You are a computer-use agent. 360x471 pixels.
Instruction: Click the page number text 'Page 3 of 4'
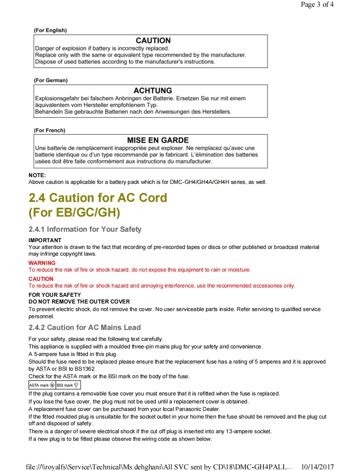point(317,5)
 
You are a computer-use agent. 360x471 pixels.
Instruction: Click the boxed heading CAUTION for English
point(153,41)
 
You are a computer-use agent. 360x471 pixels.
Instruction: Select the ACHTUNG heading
point(152,91)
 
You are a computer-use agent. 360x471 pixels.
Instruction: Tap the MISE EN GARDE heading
point(158,140)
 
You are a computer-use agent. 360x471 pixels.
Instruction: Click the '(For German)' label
point(50,80)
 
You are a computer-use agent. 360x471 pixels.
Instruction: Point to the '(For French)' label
point(50,130)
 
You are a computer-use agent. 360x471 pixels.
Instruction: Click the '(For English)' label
point(50,30)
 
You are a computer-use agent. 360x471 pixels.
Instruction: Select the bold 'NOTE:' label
point(37,175)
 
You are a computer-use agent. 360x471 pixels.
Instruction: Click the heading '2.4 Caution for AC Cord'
point(97,198)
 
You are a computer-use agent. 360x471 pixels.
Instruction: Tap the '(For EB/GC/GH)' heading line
point(74,212)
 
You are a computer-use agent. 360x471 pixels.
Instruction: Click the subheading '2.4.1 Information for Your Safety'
point(85,229)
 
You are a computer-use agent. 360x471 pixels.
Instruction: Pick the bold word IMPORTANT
point(45,241)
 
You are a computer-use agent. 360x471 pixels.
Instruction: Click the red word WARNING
point(42,263)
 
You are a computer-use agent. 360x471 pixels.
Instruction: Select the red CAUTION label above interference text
point(41,279)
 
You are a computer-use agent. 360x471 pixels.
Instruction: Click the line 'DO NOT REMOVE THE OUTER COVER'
point(79,301)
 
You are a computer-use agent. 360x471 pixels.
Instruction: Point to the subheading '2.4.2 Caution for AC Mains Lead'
point(84,327)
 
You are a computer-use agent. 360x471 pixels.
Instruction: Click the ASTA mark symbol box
point(42,385)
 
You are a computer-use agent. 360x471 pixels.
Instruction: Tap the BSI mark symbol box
point(68,385)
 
